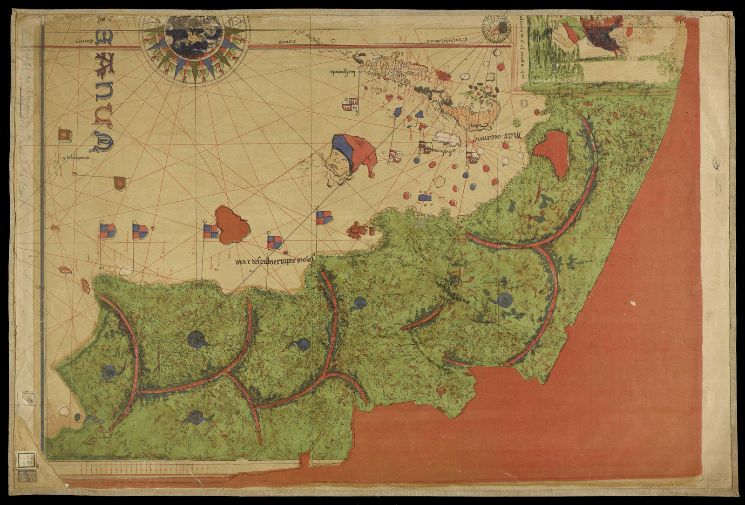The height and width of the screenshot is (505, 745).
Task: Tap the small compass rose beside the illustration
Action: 497,27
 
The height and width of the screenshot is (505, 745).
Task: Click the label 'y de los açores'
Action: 74,157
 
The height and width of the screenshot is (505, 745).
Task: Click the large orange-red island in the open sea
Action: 232,225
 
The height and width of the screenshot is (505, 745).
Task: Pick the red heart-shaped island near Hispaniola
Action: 388,97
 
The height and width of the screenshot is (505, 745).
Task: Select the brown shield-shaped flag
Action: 120,183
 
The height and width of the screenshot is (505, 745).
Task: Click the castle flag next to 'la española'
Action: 350,104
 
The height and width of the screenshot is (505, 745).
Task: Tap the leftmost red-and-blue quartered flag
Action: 107,231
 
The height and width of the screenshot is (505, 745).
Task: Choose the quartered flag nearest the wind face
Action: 324,217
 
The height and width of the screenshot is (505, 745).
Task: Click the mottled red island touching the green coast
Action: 359,230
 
